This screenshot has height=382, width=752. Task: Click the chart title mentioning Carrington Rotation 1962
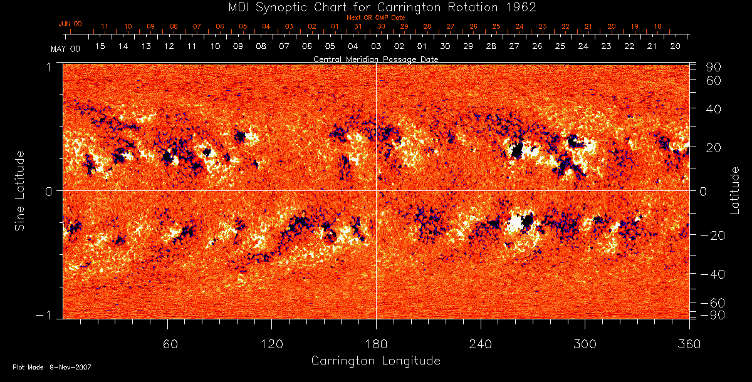coord(376,7)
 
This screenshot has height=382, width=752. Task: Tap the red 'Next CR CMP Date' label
coord(375,18)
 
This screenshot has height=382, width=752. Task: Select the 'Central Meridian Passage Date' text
coord(375,59)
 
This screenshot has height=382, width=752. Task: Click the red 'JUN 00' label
coord(70,24)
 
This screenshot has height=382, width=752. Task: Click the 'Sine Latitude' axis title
coord(20,190)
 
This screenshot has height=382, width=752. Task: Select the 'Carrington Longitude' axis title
coord(375,361)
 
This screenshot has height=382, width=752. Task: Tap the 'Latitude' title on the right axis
coord(735,190)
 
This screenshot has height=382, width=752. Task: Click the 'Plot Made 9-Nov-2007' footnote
coord(52,367)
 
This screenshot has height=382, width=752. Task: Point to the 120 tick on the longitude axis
coord(272,344)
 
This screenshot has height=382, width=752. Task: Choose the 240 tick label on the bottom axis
coord(481,344)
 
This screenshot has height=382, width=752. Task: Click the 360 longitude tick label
coord(688,344)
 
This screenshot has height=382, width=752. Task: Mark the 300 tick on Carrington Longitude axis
coord(585,344)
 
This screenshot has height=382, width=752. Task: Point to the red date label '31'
coord(357,27)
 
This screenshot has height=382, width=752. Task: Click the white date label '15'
coord(100,46)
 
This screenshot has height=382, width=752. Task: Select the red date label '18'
coord(657,27)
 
